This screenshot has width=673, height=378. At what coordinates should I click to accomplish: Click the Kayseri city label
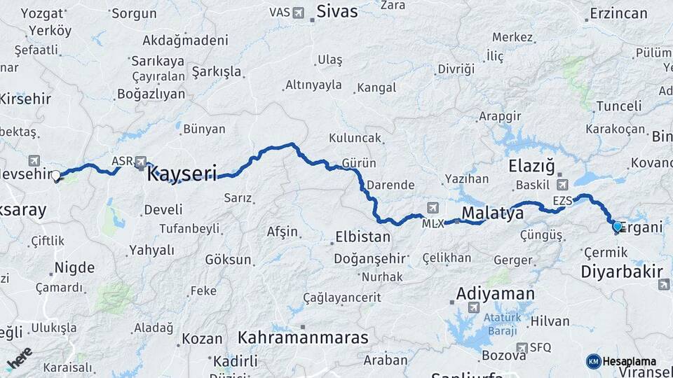coord(182,174)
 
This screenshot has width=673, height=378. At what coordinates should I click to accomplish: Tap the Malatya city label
coord(492,213)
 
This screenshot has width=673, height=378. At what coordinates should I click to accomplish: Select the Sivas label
coord(336,12)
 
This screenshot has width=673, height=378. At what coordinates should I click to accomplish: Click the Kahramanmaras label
coord(303,337)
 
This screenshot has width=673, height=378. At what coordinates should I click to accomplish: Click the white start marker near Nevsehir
coord(56,176)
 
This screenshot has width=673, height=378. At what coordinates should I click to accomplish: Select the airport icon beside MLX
coord(432,208)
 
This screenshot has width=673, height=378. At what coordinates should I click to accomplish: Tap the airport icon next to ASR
coord(141,162)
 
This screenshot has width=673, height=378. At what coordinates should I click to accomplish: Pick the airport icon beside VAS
coord(299,13)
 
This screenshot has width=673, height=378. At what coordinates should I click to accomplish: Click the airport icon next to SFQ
coord(521,347)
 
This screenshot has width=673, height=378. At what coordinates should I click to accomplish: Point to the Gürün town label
coord(359,163)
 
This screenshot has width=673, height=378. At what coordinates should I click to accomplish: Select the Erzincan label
coord(618,13)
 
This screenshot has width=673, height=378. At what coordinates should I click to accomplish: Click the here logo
coord(19,358)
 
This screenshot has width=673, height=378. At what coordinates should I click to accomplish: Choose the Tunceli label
coord(618,106)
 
